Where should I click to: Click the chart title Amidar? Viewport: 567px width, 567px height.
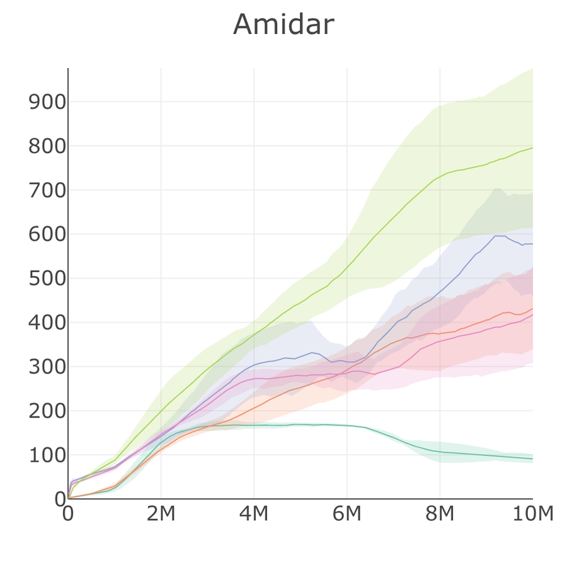click(x=283, y=25)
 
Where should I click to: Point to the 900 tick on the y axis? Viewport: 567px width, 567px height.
click(x=47, y=102)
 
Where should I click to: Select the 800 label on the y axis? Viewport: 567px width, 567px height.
click(x=47, y=146)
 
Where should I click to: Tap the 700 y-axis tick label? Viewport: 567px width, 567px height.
click(x=47, y=190)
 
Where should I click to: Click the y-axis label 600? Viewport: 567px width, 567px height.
click(x=47, y=234)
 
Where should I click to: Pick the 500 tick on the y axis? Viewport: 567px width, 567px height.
click(x=47, y=278)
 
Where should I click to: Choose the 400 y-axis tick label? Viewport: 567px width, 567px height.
click(x=47, y=323)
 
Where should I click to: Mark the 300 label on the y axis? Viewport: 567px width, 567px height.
click(x=47, y=367)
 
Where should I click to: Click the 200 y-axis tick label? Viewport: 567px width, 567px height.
click(x=47, y=411)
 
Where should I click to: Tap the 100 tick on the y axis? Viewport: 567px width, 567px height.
click(x=47, y=455)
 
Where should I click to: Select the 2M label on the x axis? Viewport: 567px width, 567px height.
click(x=161, y=514)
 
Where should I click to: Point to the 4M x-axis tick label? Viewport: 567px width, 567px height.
click(x=254, y=514)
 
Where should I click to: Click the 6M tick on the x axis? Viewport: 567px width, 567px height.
click(x=346, y=514)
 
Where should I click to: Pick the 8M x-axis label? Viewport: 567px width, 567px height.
click(x=440, y=514)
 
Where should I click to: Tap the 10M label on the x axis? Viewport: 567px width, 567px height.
click(x=532, y=514)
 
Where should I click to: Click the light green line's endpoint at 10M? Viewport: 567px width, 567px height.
click(x=532, y=147)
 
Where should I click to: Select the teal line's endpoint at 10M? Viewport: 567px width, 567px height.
click(x=532, y=459)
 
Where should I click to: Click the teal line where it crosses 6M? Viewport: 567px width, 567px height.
click(x=346, y=426)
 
